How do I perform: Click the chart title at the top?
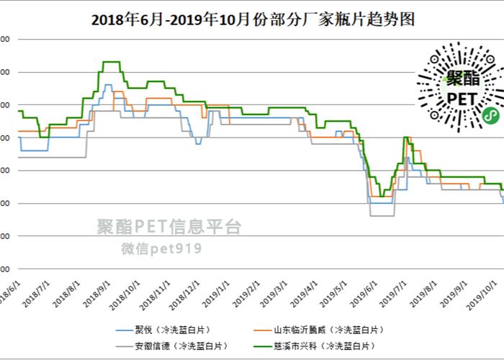tap(252, 19)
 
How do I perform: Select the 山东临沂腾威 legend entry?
tap(328, 310)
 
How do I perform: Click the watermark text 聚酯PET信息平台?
tap(169, 228)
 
